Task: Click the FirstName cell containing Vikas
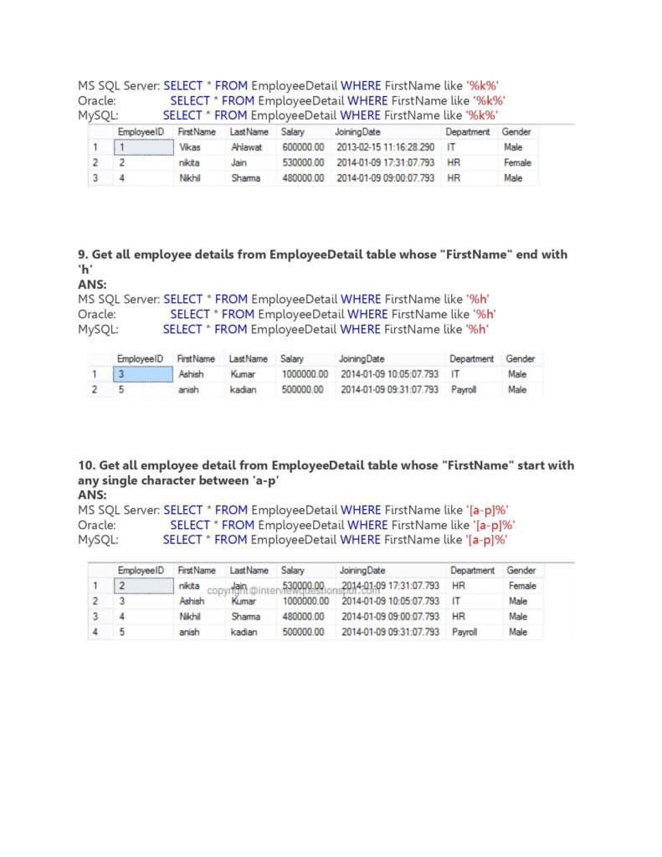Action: click(190, 147)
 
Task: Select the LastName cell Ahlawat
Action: click(247, 147)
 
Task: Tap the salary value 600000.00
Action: click(302, 147)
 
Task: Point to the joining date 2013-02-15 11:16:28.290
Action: click(386, 147)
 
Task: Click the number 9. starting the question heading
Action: click(83, 254)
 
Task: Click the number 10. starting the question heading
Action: click(86, 465)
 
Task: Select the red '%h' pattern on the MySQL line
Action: click(477, 329)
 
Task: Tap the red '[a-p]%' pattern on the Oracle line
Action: click(494, 525)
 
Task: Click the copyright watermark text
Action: click(293, 590)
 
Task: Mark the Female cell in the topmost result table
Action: click(517, 162)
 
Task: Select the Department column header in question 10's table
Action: click(472, 571)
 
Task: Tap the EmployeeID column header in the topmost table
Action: click(141, 132)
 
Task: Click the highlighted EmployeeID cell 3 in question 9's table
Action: click(142, 374)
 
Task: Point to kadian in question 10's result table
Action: click(244, 633)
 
